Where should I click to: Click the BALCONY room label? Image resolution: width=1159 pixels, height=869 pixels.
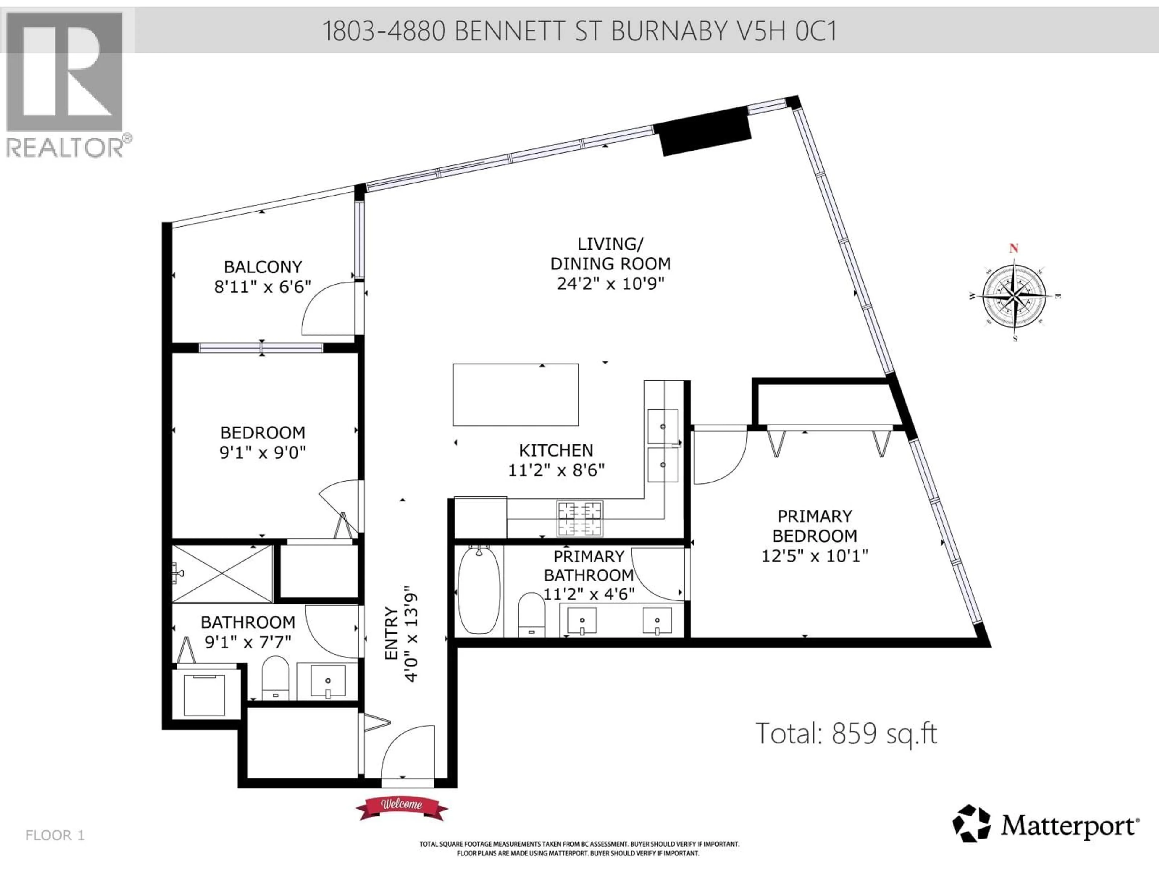(263, 267)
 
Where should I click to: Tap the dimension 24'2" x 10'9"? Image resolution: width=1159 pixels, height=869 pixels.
(610, 284)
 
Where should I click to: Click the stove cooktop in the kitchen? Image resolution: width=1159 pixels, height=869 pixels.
(579, 519)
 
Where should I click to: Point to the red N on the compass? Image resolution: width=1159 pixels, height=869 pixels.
(1014, 248)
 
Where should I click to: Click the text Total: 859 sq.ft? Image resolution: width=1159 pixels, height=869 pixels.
(846, 733)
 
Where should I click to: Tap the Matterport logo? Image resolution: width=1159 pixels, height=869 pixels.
(1045, 826)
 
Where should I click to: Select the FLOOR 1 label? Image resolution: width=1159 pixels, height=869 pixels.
(55, 835)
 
